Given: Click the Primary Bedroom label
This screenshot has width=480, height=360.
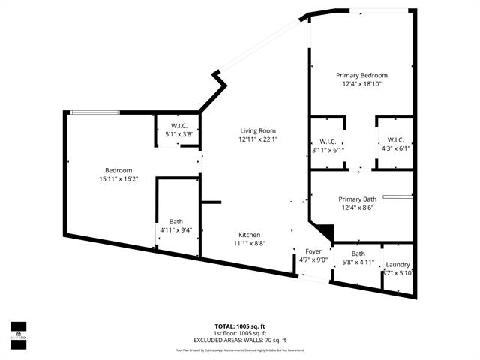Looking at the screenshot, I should pos(361,76).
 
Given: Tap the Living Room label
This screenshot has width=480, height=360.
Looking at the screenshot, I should pos(258,130).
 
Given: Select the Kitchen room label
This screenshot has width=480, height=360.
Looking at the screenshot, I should pos(250,234).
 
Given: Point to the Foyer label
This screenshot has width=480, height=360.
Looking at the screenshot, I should pos(313,251).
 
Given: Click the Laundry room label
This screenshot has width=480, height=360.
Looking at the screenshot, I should pos(397,264).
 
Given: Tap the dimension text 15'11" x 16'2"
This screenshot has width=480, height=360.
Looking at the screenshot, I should pos(118,179).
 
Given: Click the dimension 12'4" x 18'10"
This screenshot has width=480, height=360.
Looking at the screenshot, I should pos(361,85).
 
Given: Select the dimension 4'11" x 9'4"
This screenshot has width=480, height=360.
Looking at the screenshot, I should pos(175,230).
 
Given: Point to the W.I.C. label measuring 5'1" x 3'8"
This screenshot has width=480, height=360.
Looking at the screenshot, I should pos(179,125).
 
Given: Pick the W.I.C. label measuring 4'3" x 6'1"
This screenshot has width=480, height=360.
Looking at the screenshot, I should pos(395,139).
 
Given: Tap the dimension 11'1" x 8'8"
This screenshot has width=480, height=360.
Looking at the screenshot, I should pos(250,243).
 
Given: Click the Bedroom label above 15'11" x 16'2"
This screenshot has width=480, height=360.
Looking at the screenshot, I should pos(118,170).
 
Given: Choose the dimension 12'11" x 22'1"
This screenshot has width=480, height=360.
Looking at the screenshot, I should pos(258,139).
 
